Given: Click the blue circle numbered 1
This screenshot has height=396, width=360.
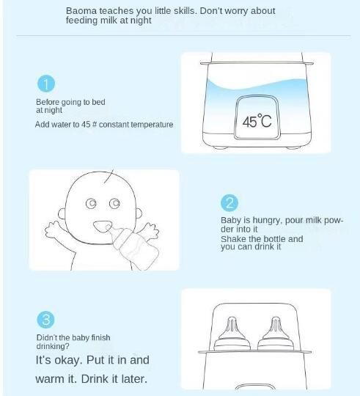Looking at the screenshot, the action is [46, 84].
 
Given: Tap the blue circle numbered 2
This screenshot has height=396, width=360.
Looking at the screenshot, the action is [229, 203].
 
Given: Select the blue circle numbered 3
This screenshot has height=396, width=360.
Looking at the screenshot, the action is [45, 320].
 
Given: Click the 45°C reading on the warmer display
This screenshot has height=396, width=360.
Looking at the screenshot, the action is [257, 121].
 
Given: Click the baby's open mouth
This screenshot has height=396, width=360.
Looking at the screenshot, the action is [102, 227].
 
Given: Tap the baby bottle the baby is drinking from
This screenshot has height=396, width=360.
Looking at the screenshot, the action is [133, 246].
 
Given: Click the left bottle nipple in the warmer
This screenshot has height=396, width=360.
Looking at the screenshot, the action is [232, 334].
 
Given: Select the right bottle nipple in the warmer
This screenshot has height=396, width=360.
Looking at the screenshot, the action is [276, 334].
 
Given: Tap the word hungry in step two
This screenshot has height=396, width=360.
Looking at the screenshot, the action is [268, 221].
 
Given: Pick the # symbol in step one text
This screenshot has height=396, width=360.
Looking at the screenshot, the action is [95, 124].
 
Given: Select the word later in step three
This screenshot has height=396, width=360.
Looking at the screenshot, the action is [134, 379].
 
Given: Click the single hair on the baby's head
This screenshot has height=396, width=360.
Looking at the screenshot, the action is [109, 176].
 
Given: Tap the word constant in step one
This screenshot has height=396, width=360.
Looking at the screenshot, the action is [114, 125].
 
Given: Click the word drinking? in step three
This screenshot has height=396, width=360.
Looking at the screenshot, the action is [53, 346].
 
